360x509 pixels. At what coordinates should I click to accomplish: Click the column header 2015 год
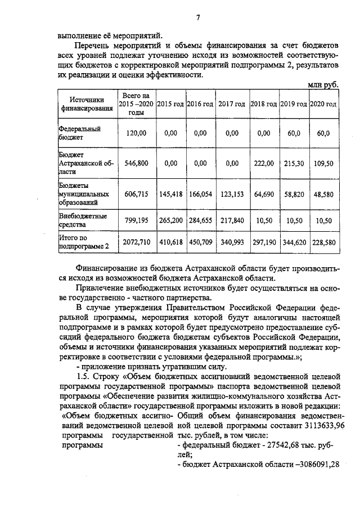point(170,104)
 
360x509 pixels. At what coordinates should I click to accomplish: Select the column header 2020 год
point(323,104)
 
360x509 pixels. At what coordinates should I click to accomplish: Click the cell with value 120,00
point(136,133)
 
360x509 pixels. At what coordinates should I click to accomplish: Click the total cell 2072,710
point(136,242)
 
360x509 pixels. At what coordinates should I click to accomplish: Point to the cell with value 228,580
point(323,242)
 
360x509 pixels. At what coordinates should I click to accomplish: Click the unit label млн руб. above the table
point(323,84)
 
